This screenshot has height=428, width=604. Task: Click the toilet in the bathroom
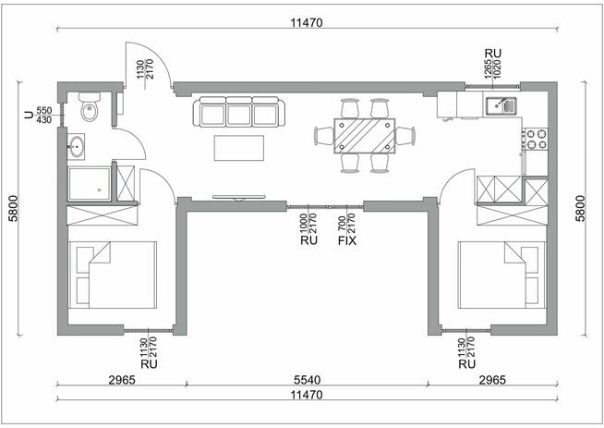pyautogui.click(x=90, y=107)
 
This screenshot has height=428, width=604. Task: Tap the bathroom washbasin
pyautogui.click(x=76, y=147)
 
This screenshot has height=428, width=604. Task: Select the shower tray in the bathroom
pyautogui.click(x=89, y=184)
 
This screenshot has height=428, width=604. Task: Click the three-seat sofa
pyautogui.click(x=239, y=112)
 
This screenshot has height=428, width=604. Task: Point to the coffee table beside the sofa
pyautogui.click(x=239, y=148)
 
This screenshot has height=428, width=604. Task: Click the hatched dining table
pyautogui.click(x=365, y=136)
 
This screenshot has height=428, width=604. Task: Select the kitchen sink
pyautogui.click(x=501, y=105)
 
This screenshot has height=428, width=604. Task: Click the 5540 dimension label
pyautogui.click(x=307, y=380)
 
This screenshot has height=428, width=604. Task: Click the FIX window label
pyautogui.click(x=347, y=241)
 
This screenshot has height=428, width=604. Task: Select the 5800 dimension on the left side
pyautogui.click(x=14, y=208)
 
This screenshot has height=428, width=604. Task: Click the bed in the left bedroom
pyautogui.click(x=113, y=275)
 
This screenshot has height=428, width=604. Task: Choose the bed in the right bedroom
pyautogui.click(x=501, y=275)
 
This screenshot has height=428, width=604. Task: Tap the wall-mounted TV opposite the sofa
pyautogui.click(x=239, y=198)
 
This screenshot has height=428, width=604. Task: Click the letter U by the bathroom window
pyautogui.click(x=29, y=115)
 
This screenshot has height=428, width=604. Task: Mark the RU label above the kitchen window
pyautogui.click(x=492, y=54)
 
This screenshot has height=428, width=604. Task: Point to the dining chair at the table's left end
pyautogui.click(x=324, y=136)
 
